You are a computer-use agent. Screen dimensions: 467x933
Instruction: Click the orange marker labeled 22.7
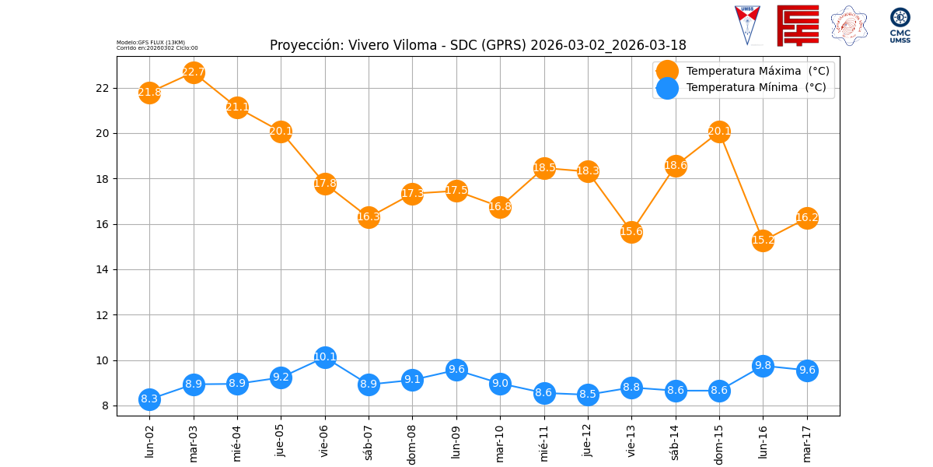194,72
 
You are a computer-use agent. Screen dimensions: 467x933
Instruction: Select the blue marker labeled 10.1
325,357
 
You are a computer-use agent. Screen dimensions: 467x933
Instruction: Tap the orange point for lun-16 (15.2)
763,240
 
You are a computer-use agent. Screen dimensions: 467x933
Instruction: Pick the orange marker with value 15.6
631,231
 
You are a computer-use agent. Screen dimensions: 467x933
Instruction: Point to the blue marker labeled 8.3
149,399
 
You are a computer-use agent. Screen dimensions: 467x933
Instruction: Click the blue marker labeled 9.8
763,366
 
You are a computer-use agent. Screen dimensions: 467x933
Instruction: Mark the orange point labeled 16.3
369,217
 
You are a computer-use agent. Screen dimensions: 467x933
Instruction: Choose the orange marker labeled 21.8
149,93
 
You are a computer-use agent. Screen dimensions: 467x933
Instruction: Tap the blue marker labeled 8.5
588,394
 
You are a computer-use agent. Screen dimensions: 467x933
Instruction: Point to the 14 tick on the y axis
103,269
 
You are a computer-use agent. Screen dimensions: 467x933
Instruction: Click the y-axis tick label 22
103,88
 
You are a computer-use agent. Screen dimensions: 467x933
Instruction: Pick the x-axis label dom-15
719,442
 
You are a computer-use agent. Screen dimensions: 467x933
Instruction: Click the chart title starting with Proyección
477,45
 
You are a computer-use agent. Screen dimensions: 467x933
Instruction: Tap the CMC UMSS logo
900,25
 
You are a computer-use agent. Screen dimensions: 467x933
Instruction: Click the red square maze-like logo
797,26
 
